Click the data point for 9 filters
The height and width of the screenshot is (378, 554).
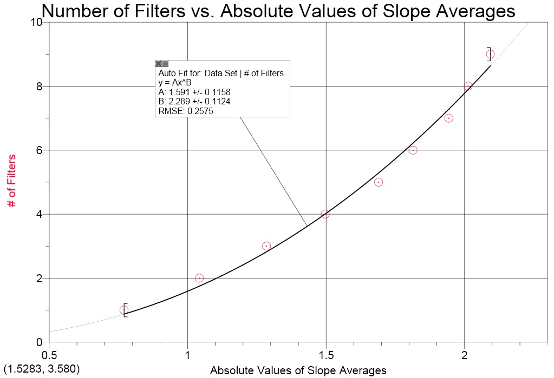click(x=490, y=54)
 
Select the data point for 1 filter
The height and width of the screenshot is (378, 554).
click(x=124, y=310)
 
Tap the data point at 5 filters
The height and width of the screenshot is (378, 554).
click(x=379, y=182)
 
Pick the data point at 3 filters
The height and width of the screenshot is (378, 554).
click(x=266, y=246)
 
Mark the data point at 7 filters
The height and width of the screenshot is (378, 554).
click(x=448, y=118)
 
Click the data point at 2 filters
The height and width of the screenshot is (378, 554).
click(x=199, y=278)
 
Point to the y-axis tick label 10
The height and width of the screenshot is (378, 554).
click(x=36, y=22)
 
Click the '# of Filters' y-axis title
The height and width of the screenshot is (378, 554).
click(x=12, y=182)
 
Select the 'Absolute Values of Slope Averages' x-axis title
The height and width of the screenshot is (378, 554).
click(x=298, y=370)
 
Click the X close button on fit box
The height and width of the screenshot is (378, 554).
click(x=159, y=64)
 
